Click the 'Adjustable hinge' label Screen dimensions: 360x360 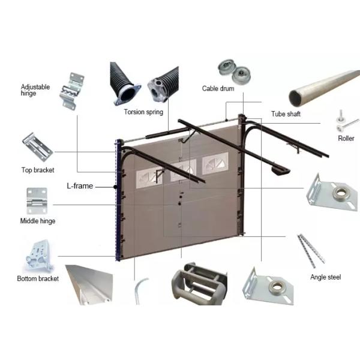[35, 90]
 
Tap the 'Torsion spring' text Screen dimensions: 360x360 [143, 112]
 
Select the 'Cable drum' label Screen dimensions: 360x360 [218, 88]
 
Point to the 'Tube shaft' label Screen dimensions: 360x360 [286, 113]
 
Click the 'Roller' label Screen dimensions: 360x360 [346, 138]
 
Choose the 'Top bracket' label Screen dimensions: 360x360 [38, 170]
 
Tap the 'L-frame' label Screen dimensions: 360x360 [80, 185]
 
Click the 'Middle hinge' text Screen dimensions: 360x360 [38, 221]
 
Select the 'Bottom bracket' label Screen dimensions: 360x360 [38, 278]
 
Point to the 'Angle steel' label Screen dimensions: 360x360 [326, 277]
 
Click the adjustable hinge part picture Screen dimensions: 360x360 [71, 91]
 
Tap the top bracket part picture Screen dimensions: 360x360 [38, 147]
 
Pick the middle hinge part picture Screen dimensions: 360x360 [37, 200]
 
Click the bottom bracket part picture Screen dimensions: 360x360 [40, 256]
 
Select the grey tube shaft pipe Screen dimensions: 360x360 [324, 88]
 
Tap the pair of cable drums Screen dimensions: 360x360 [234, 72]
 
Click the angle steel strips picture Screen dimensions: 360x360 [311, 251]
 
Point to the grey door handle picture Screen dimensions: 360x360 [199, 284]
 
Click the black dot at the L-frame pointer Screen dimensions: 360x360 [115, 187]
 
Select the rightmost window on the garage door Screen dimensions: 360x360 [215, 163]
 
